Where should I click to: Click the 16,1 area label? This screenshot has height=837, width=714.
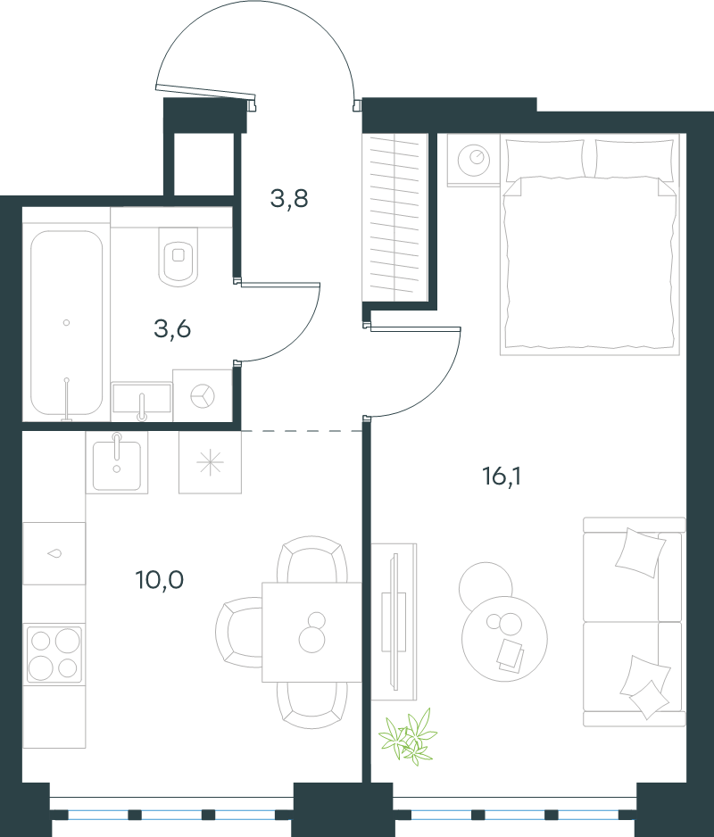pos(502,477)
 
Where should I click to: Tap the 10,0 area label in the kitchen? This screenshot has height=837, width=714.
pos(160,580)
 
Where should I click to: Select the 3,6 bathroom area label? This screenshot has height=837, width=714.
pos(172,329)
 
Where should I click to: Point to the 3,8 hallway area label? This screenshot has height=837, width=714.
pos(289,199)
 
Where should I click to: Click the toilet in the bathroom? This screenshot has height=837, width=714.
pos(178,257)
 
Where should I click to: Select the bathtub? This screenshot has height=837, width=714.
pos(66,324)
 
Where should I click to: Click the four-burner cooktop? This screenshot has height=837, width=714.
pos(54,653)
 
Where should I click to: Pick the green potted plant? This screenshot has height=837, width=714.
pos(408,735)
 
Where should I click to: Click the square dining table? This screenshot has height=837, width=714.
pos(311,632)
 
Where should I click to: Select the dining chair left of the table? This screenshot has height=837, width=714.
pos(238,632)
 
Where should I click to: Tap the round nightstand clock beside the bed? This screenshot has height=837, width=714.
pos(474,157)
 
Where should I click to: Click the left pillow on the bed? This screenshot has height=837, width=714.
pos(544,158)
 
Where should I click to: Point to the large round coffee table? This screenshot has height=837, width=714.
pos(504,638)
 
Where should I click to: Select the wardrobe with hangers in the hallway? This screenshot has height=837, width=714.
pos(394,218)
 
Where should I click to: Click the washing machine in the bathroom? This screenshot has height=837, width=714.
pos(203,395)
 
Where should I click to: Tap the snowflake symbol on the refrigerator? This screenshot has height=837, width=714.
pos(210,462)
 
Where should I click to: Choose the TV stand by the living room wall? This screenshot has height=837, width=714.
pos(394,622)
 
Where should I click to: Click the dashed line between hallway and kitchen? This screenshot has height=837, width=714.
pos(302,430)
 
